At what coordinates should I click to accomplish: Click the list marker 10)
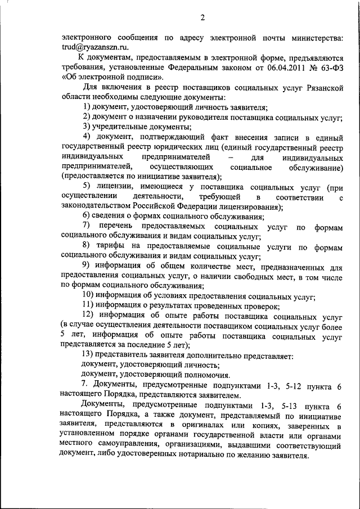pos(88,296)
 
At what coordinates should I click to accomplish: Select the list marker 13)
pos(88,355)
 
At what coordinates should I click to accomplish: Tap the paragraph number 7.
pos(85,385)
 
